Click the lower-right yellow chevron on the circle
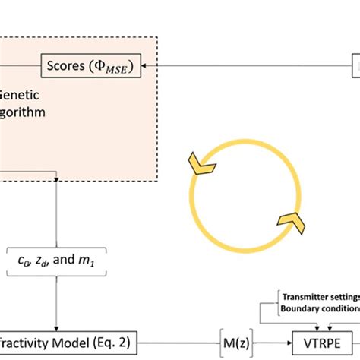click(x=292, y=221)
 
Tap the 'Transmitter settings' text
click(x=320, y=297)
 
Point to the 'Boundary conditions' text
click(x=320, y=308)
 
